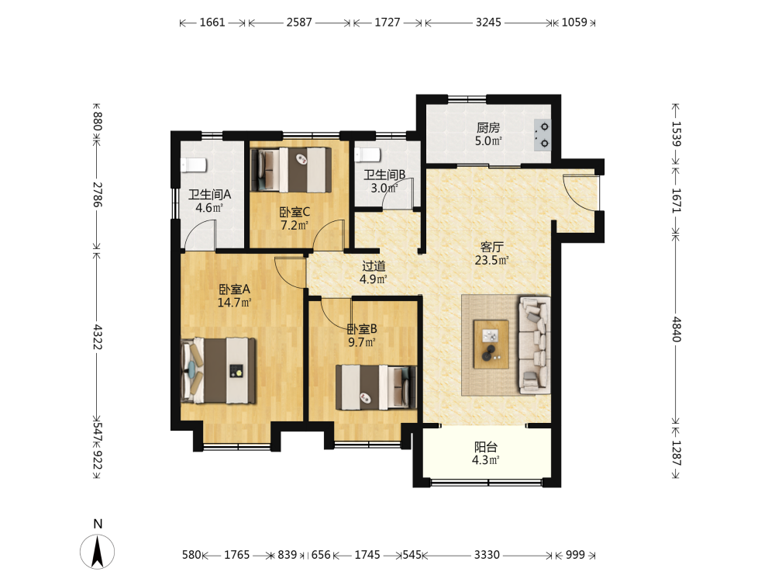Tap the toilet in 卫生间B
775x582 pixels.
[367, 155]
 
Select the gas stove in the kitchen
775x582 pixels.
[542, 135]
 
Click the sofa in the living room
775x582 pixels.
[534, 345]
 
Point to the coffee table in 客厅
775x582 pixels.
[491, 344]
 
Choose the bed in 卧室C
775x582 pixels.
[291, 170]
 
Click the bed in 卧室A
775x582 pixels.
[219, 371]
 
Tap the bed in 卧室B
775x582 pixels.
[376, 387]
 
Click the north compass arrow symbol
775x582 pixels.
[98, 551]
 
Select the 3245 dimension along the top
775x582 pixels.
[488, 23]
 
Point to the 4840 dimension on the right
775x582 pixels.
[676, 329]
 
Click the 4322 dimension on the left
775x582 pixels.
[98, 337]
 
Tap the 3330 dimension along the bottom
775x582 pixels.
[487, 555]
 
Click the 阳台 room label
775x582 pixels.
[485, 447]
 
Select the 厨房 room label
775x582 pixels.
[487, 128]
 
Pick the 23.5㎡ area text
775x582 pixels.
[491, 260]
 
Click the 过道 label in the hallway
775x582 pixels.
[374, 265]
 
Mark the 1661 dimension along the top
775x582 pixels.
[212, 23]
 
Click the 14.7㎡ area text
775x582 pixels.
[234, 302]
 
